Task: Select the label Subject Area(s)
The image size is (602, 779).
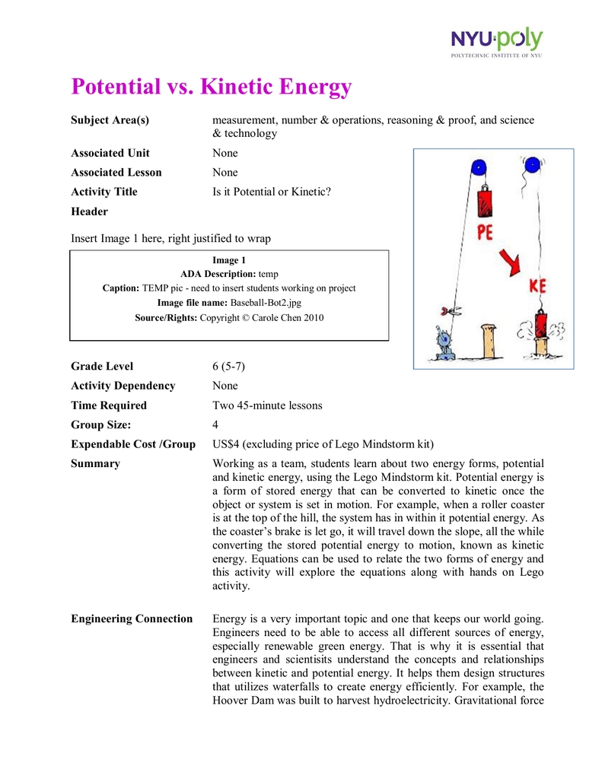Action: pyautogui.click(x=110, y=120)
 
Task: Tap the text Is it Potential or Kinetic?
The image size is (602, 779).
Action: pyautogui.click(x=272, y=192)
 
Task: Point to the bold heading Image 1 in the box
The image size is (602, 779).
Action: pyautogui.click(x=229, y=260)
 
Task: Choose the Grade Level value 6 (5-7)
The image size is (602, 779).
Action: pyautogui.click(x=228, y=366)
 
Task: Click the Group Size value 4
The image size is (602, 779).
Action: pyautogui.click(x=215, y=424)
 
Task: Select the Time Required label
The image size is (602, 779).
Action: pyautogui.click(x=109, y=405)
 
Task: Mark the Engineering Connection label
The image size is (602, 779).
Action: pyautogui.click(x=132, y=618)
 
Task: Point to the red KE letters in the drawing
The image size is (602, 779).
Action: pyautogui.click(x=539, y=288)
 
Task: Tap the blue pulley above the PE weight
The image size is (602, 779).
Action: pyautogui.click(x=478, y=167)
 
